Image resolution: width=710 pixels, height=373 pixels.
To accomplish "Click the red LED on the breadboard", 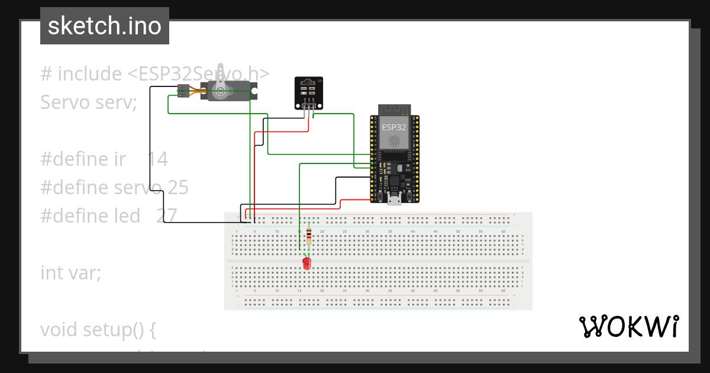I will pyautogui.click(x=306, y=263).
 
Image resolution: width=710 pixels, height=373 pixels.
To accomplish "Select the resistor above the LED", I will pyautogui.click(x=309, y=238).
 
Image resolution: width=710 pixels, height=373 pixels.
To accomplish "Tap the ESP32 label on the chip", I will pyautogui.click(x=393, y=127).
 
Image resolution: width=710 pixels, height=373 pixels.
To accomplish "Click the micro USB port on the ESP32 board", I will pyautogui.click(x=394, y=200).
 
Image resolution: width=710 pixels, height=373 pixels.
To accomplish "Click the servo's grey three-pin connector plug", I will pyautogui.click(x=183, y=91).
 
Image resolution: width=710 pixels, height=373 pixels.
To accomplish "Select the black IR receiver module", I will pyautogui.click(x=309, y=92).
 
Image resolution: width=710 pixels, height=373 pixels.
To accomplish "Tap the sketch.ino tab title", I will pyautogui.click(x=104, y=26).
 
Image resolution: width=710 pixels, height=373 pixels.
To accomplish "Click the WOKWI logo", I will pyautogui.click(x=628, y=327).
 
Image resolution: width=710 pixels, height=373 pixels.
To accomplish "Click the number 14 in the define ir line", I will pyautogui.click(x=157, y=159).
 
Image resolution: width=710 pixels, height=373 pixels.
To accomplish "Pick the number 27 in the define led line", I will pyautogui.click(x=167, y=216).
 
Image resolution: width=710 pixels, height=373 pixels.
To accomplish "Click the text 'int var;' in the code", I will pyautogui.click(x=71, y=273).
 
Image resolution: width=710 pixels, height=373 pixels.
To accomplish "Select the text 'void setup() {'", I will pyautogui.click(x=98, y=329).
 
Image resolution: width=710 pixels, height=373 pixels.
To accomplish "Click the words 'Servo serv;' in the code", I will pyautogui.click(x=89, y=102).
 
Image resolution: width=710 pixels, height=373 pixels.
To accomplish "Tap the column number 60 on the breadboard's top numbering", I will pyautogui.click(x=503, y=231).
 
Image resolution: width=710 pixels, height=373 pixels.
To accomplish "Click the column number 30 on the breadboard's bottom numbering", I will pyautogui.click(x=367, y=291).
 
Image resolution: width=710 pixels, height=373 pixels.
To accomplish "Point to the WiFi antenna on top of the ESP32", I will pyautogui.click(x=394, y=110).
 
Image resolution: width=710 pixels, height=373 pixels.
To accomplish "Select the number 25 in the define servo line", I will pyautogui.click(x=177, y=188).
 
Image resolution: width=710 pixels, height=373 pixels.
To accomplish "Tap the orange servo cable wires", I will pyautogui.click(x=195, y=91).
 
